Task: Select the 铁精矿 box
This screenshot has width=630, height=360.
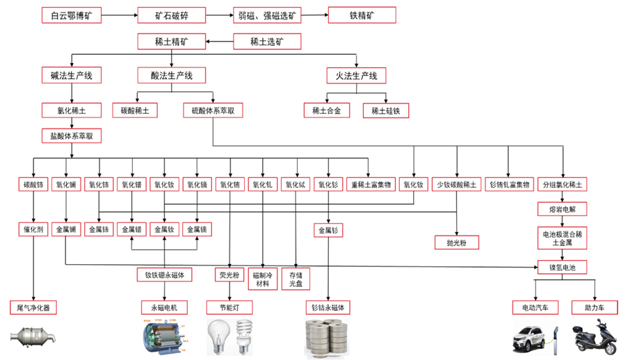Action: tap(362, 15)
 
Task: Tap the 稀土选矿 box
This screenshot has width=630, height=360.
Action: tap(267, 42)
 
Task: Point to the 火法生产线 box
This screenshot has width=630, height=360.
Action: tap(356, 75)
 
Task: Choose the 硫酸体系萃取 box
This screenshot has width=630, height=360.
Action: tap(213, 111)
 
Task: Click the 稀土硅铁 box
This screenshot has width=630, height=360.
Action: tap(386, 111)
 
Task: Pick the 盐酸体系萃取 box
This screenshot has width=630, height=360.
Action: tap(72, 136)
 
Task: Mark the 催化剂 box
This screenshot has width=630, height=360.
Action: tap(32, 229)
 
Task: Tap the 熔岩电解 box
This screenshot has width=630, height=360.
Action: tap(563, 208)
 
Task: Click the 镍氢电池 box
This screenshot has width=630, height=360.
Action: tap(563, 267)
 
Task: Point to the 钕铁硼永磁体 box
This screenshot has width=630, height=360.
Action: tap(164, 275)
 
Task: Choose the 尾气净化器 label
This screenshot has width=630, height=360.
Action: tap(33, 307)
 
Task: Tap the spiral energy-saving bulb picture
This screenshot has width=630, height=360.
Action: tap(244, 336)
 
